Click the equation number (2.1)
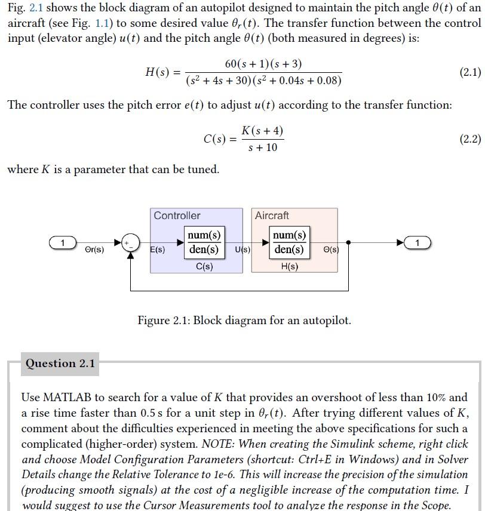469,73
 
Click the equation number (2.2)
469,139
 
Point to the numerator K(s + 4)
262,131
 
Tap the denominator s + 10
262,147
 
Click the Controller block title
177,216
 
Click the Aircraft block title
272,216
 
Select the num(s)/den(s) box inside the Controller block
204,242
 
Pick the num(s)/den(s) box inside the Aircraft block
289,242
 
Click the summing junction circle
130,242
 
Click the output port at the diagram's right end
418,242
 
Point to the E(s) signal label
157,250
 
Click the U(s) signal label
242,250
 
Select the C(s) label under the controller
204,266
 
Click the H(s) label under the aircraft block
289,266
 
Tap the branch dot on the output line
348,242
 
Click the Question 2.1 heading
60,364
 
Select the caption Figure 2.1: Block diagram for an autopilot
244,321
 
